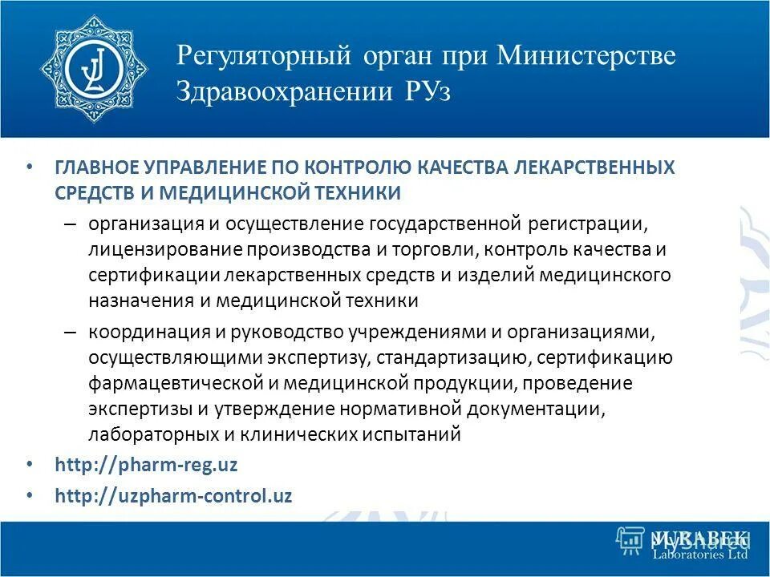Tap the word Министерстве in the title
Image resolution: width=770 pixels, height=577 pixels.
(586, 56)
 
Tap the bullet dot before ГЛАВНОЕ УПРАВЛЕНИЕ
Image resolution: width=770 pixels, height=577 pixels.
(30, 167)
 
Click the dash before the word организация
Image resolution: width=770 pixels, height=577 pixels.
(71, 222)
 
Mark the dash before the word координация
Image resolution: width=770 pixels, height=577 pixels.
(71, 331)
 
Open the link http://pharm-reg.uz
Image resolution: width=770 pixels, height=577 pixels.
(146, 465)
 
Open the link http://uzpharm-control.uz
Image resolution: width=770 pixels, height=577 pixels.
(173, 495)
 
